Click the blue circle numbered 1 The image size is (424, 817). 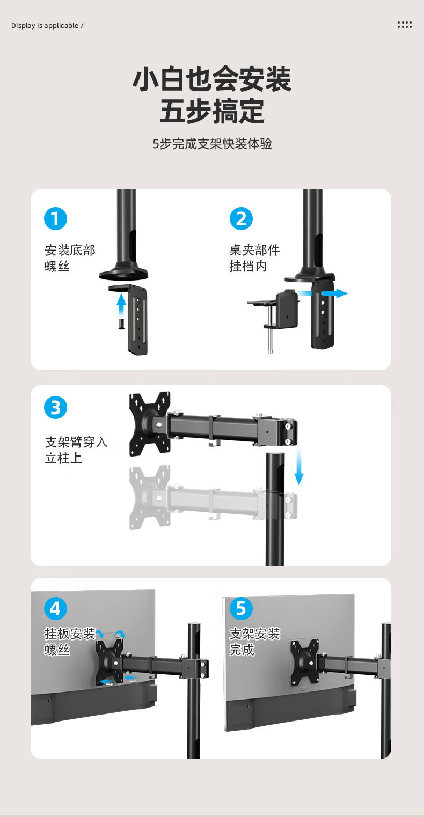pyautogui.click(x=55, y=219)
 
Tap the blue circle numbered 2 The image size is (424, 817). pyautogui.click(x=241, y=219)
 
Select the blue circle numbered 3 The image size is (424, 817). pyautogui.click(x=55, y=408)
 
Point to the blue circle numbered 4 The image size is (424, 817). pyautogui.click(x=55, y=609)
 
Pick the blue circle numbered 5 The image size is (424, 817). pyautogui.click(x=241, y=609)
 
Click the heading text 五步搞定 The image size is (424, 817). pyautogui.click(x=212, y=112)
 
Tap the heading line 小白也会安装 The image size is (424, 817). pyautogui.click(x=212, y=79)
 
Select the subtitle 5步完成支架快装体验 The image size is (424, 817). pyautogui.click(x=212, y=144)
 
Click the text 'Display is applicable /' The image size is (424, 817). pyautogui.click(x=47, y=26)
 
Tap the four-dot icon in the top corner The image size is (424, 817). pyautogui.click(x=404, y=25)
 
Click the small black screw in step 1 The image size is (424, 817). pyautogui.click(x=121, y=323)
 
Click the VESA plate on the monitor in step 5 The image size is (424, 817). pyautogui.click(x=304, y=663)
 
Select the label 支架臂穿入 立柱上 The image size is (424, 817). pyautogui.click(x=76, y=450)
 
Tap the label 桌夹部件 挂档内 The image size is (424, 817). pyautogui.click(x=254, y=258)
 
